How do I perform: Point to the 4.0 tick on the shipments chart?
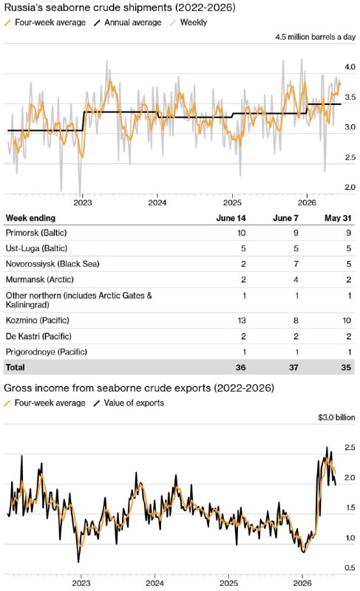tap(350, 66)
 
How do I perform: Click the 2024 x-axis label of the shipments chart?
tap(157, 202)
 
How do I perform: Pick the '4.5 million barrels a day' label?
tap(315, 37)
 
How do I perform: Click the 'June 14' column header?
tap(231, 218)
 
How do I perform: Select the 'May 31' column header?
tap(338, 218)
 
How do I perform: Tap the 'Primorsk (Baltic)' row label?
tap(36, 233)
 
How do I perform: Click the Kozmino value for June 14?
tap(242, 321)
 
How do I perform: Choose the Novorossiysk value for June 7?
tap(296, 264)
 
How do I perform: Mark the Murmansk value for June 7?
tap(296, 280)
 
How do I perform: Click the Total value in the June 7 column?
tap(293, 367)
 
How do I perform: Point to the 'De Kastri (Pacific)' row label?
tap(38, 336)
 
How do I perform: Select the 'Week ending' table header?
tap(30, 218)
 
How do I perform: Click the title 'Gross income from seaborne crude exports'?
tap(107, 389)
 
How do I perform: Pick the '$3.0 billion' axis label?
tap(336, 417)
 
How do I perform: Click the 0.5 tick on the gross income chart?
tap(350, 567)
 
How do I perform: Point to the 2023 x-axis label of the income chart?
tap(81, 583)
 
